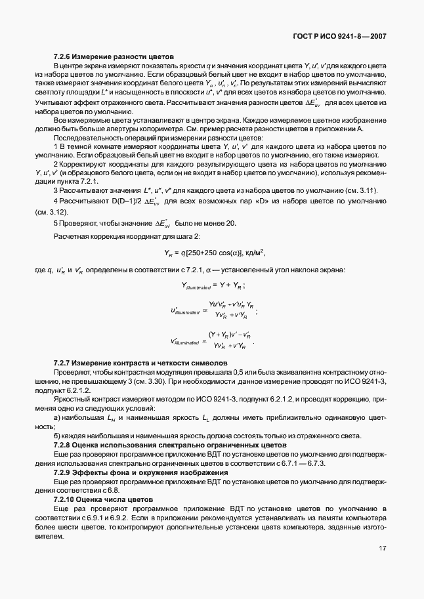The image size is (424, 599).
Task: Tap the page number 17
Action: [x=383, y=548]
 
